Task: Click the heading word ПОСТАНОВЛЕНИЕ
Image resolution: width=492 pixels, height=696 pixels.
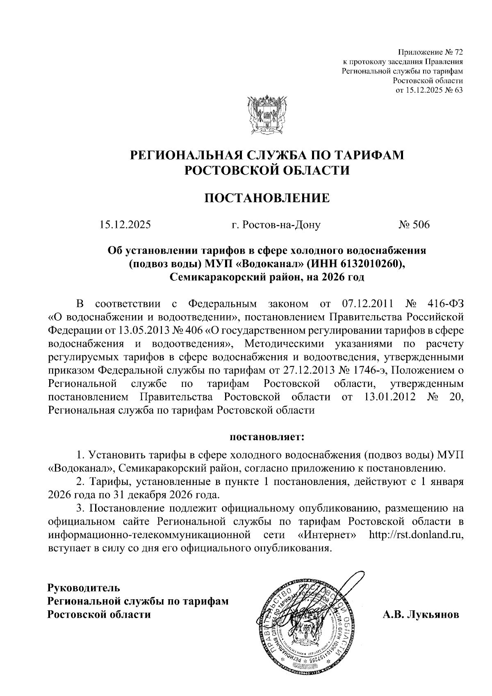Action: (x=267, y=198)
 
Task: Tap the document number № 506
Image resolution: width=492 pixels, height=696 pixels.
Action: (x=414, y=225)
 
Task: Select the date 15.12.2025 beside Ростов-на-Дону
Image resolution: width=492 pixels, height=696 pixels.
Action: (x=125, y=225)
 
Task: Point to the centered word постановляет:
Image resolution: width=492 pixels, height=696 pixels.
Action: (x=267, y=437)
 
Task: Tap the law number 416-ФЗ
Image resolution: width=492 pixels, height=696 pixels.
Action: (x=444, y=304)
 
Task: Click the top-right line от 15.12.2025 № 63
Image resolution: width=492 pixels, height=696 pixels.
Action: (x=429, y=90)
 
